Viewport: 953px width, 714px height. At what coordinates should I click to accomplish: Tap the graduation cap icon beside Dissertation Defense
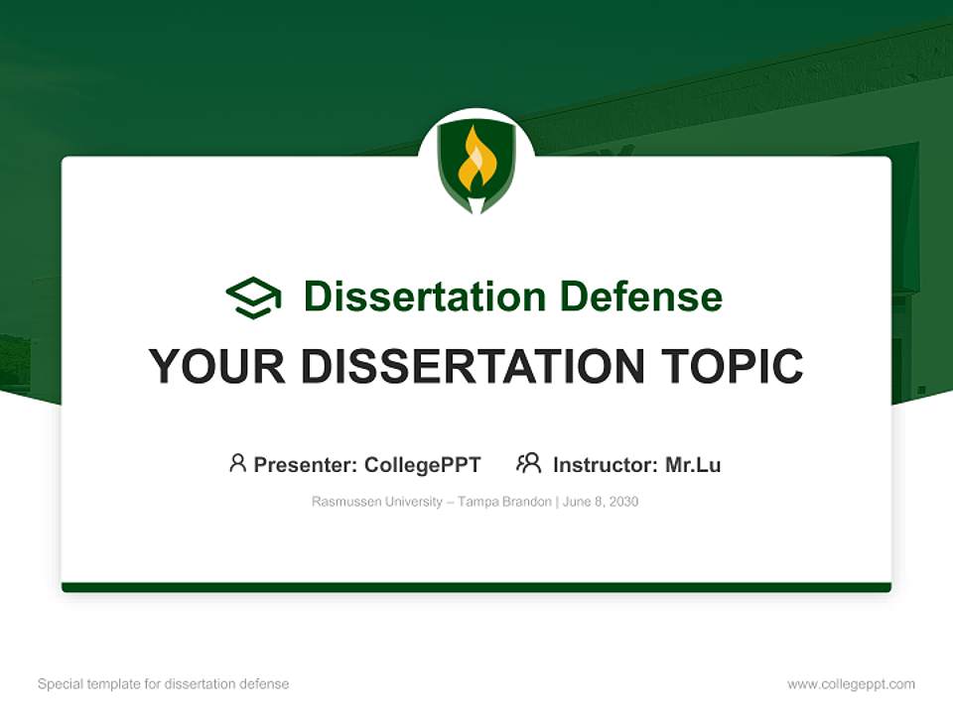254,297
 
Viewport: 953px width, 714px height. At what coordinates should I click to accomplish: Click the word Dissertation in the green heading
425,297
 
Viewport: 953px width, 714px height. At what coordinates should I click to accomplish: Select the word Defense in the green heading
641,297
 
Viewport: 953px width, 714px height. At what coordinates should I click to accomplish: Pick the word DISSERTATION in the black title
473,366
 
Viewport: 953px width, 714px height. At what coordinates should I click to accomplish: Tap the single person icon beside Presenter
237,463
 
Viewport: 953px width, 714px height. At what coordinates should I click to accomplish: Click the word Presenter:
306,465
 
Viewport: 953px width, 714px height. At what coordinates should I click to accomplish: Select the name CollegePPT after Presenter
423,465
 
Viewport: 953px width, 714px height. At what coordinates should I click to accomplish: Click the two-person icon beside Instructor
529,463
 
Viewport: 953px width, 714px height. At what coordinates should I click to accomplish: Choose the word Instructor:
606,465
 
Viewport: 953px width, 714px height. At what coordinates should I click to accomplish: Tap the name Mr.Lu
693,465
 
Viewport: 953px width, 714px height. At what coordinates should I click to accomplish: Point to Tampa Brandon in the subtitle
504,502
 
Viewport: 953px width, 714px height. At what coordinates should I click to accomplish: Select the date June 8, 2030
601,502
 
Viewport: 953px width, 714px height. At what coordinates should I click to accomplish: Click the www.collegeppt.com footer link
851,684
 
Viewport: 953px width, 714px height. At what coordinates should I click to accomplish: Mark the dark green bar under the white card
476,587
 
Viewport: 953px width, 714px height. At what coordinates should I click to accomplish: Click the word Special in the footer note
61,684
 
